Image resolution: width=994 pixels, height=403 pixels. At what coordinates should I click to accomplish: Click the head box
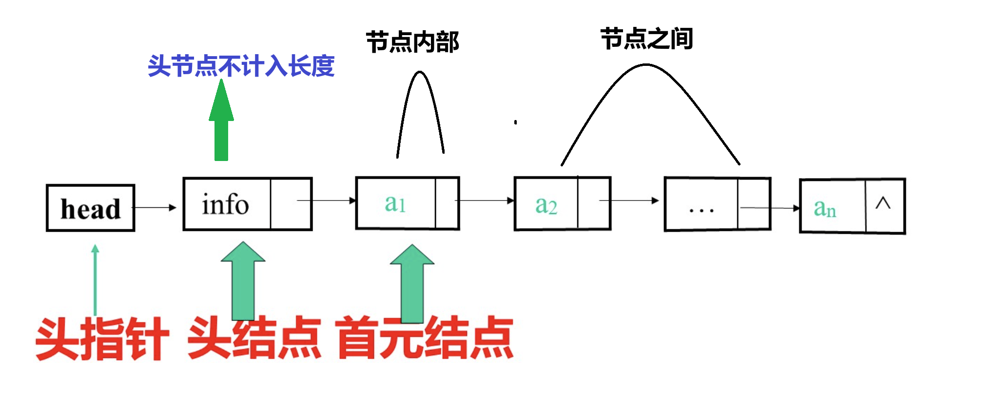pos(90,208)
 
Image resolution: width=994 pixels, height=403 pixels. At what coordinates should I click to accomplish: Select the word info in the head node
pos(225,204)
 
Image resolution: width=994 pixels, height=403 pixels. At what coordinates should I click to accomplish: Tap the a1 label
pos(395,203)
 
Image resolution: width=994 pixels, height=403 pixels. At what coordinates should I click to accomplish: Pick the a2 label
pos(546,205)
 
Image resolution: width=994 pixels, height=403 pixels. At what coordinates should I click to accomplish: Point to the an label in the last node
pos(825,208)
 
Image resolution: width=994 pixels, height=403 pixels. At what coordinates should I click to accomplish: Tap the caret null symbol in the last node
pos(883,203)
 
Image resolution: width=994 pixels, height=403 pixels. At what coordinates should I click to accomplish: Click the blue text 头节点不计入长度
pos(241,66)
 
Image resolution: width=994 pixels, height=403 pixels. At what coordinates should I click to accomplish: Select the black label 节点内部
pos(412,42)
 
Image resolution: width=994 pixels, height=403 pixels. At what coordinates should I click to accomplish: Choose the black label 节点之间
pos(646,39)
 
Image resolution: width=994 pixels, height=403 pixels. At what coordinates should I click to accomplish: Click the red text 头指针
pos(102,339)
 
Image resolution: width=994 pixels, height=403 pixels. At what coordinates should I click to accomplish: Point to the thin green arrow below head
pos(95,278)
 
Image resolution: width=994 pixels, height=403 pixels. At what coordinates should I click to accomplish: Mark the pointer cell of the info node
pos(291,204)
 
